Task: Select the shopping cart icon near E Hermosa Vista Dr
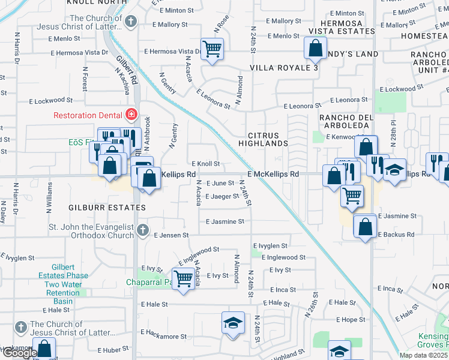tap(212, 49)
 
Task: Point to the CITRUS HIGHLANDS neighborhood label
tap(263, 139)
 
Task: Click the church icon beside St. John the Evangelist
tap(142, 230)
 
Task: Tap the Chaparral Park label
tap(149, 282)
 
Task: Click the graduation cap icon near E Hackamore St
tap(234, 323)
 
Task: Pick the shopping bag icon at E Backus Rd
tap(364, 226)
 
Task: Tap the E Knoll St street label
tap(206, 164)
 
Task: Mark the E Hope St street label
tap(351, 320)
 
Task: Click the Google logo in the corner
tap(19, 353)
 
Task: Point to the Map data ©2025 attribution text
tap(423, 355)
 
